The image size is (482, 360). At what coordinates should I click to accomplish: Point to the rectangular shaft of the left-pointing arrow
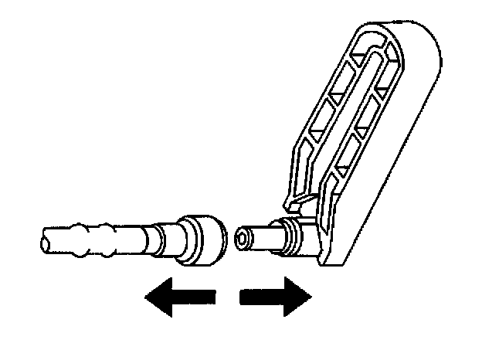(x=197, y=297)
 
